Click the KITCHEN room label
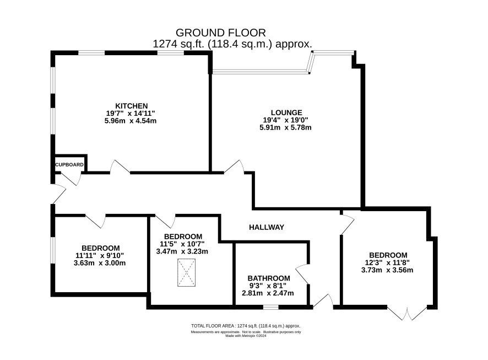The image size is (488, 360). (x=131, y=106)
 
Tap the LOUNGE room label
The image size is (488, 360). (x=286, y=112)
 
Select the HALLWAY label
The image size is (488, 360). (x=267, y=227)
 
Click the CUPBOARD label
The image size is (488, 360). (x=69, y=165)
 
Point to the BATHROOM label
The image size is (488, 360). (x=269, y=278)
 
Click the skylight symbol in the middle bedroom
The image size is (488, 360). (x=186, y=272)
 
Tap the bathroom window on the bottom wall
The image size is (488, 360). (x=271, y=307)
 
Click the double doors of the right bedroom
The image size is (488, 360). (x=406, y=313)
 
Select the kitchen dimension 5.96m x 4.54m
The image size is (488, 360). (x=131, y=121)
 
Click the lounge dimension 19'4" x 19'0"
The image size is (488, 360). (x=285, y=120)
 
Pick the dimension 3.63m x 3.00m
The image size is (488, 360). (x=100, y=263)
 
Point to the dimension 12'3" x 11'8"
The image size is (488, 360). (x=387, y=262)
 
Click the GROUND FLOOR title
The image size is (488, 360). (x=221, y=33)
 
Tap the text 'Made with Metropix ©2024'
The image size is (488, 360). (x=246, y=336)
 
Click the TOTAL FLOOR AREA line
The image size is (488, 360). (x=246, y=326)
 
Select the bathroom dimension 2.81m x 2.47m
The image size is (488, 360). (x=268, y=293)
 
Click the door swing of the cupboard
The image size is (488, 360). (x=71, y=179)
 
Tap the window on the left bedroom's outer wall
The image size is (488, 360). (x=53, y=250)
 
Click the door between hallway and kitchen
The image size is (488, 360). (x=120, y=167)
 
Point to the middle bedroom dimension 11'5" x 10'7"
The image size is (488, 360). (x=182, y=244)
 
